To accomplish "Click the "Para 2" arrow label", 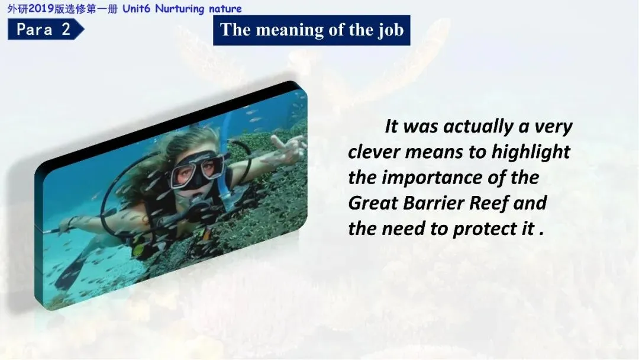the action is [46, 30].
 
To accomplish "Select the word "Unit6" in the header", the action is [137, 8].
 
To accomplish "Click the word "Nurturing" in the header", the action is [180, 9].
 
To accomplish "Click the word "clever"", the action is [374, 152].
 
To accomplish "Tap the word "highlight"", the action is [531, 152].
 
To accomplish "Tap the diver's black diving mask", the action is [198, 170].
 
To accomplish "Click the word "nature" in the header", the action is [225, 9].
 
